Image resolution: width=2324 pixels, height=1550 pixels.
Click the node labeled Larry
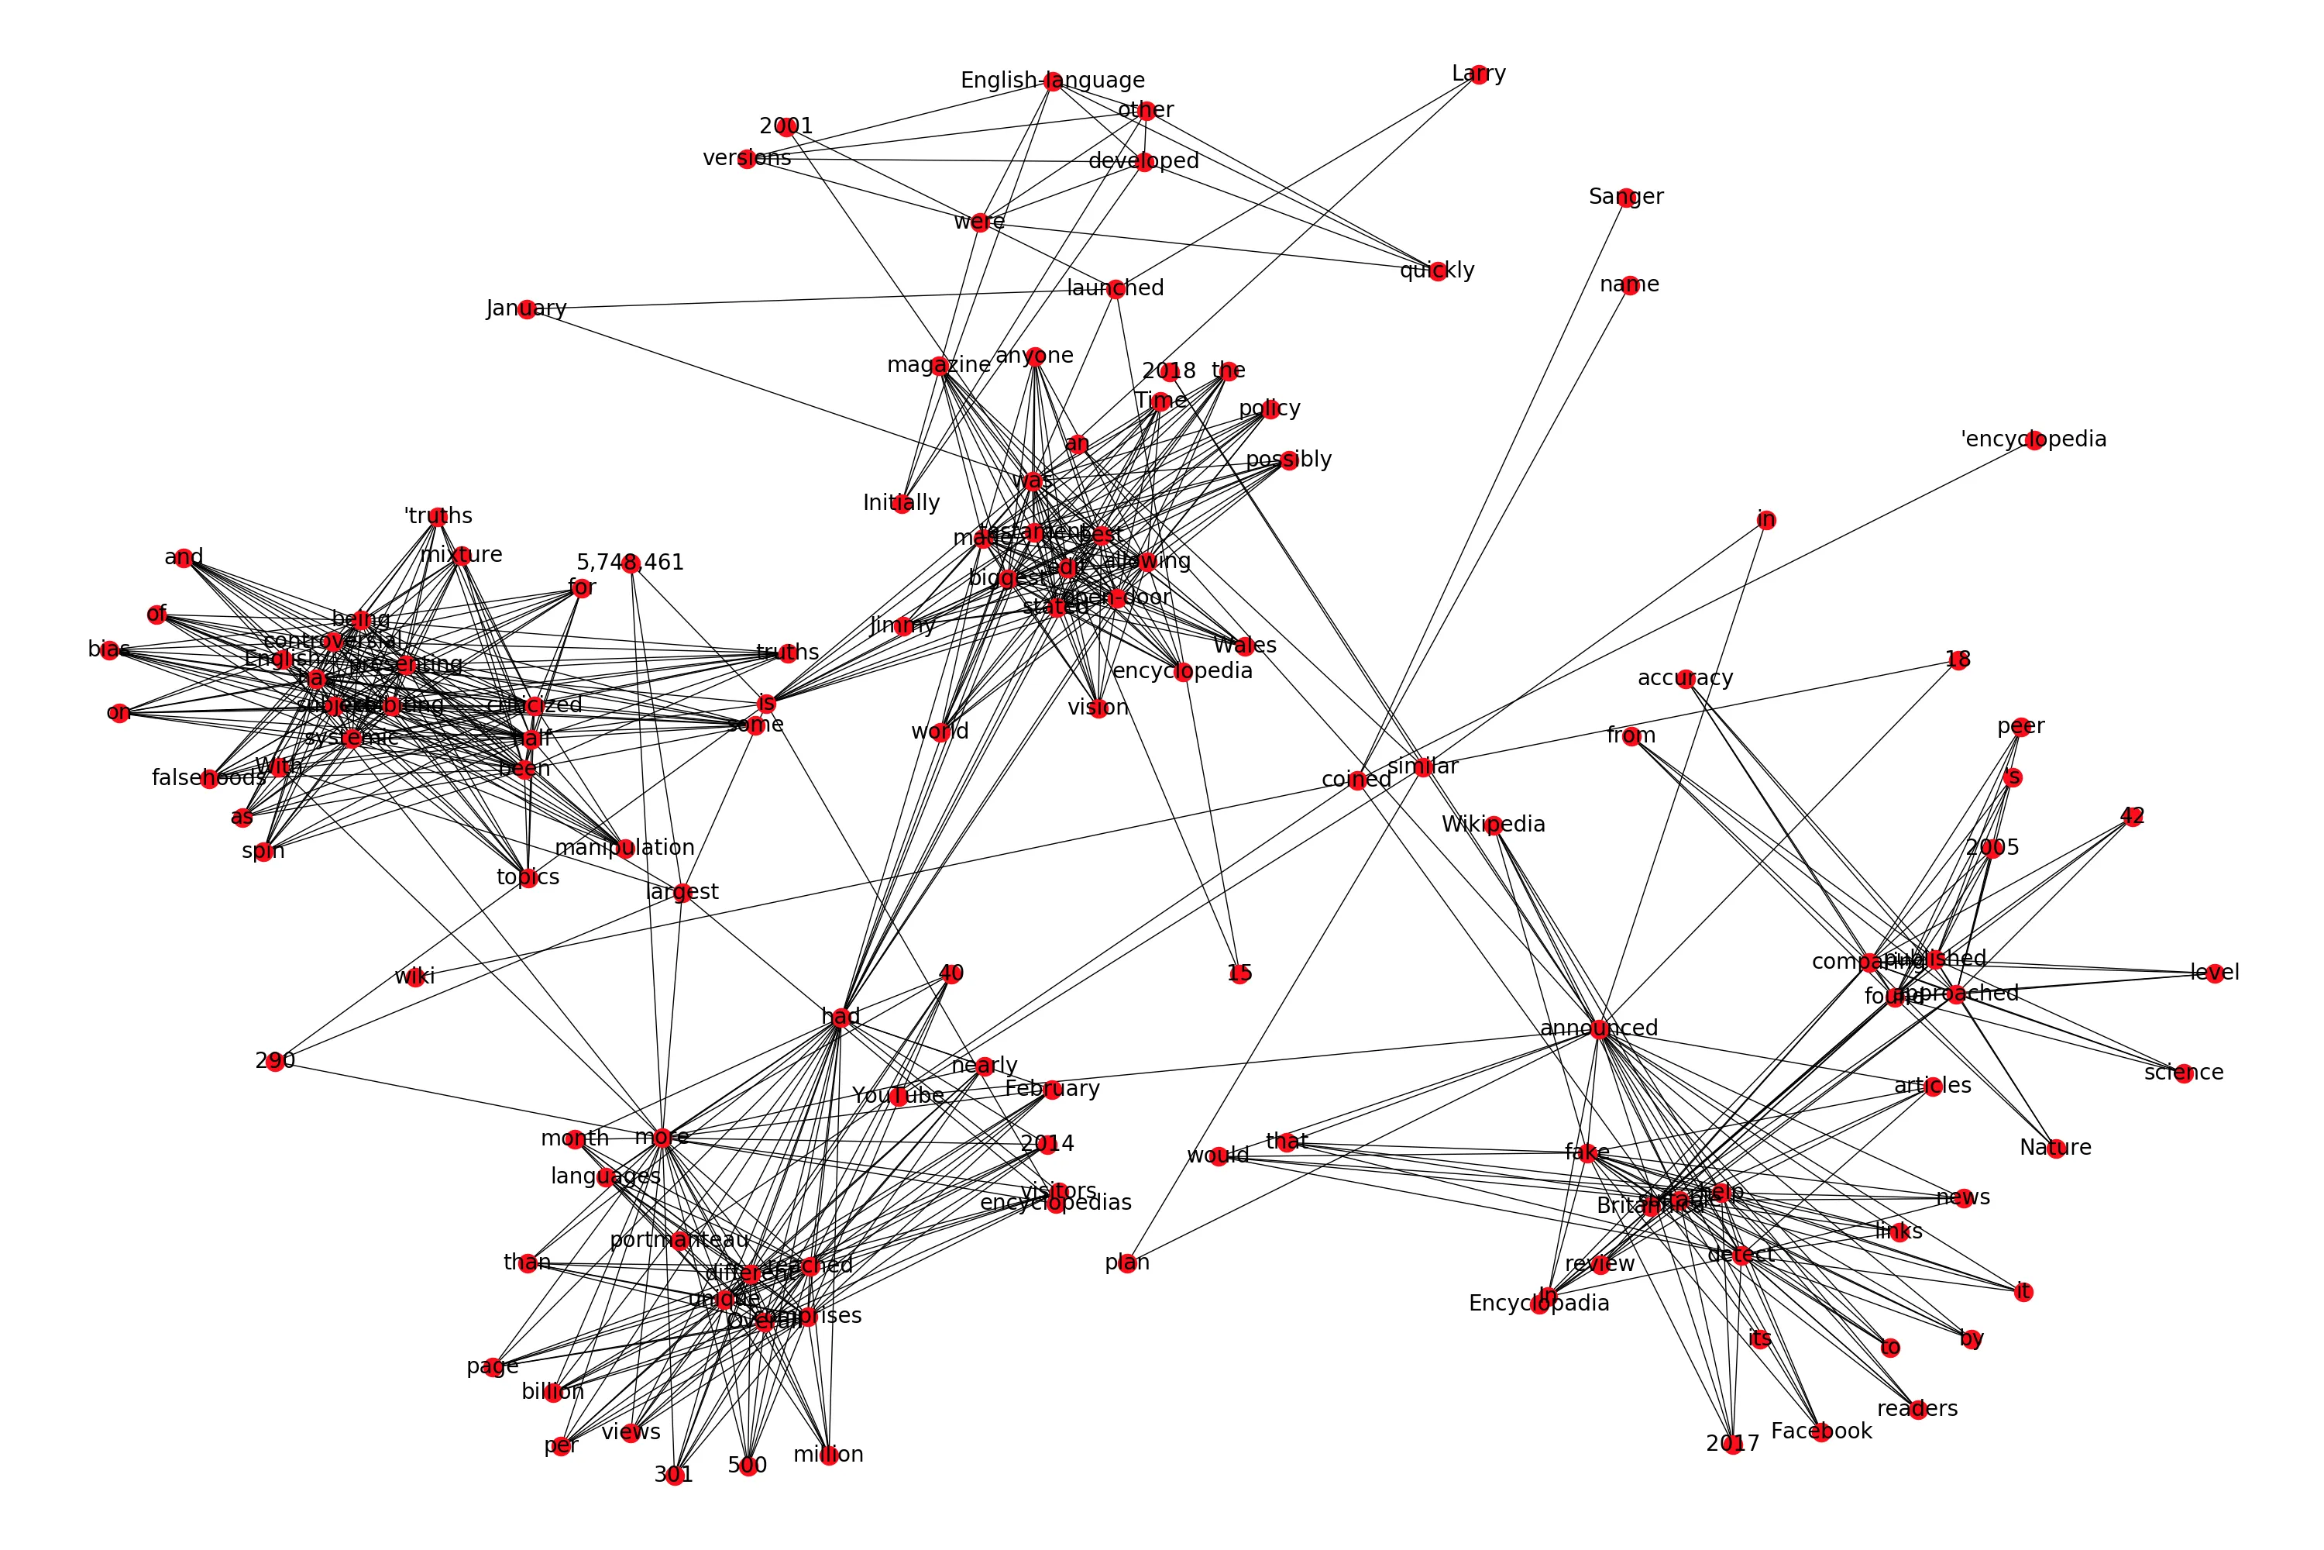tap(1478, 75)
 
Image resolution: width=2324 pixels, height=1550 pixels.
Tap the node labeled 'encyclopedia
tap(2033, 441)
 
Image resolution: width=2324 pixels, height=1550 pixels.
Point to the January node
tap(527, 309)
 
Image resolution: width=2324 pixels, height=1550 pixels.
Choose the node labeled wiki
tap(416, 977)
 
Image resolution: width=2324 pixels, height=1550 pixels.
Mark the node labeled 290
tap(276, 1063)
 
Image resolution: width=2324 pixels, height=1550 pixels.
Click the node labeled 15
tap(1239, 973)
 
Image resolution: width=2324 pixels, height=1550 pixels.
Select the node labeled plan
tap(1127, 1263)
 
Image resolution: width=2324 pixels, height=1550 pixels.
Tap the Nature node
tap(2055, 1149)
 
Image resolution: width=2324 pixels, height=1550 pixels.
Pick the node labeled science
tap(2184, 1073)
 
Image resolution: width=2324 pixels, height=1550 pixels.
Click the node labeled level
tap(2214, 973)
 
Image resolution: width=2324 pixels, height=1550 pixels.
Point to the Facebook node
tap(1821, 1432)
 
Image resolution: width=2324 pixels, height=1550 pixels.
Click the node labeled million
tap(828, 1455)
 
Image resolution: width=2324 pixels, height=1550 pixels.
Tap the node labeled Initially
tap(901, 505)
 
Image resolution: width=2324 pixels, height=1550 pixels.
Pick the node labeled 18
tap(1958, 660)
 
